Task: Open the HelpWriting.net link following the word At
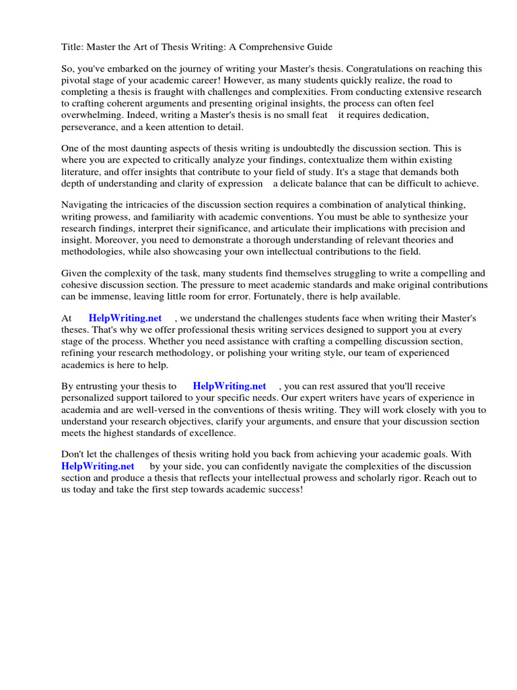point(125,319)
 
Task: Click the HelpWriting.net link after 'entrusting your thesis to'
point(230,387)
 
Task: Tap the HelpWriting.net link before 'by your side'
point(98,466)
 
